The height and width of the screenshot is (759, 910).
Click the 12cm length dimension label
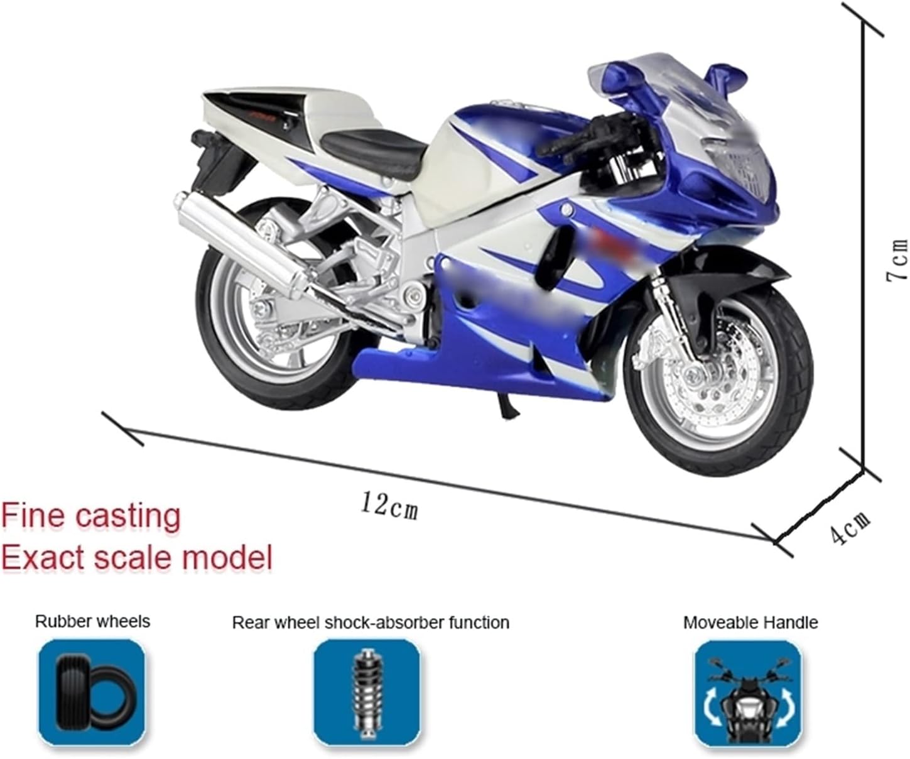(389, 506)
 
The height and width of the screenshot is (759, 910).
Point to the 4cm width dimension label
(850, 527)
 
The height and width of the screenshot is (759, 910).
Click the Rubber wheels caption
(92, 621)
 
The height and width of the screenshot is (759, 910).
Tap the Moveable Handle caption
(750, 623)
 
